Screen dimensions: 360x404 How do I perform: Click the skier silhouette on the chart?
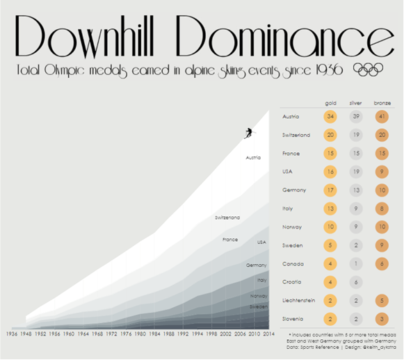point(249,132)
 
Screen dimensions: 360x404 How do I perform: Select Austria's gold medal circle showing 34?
point(330,116)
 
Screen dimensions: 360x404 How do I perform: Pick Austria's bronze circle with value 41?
point(382,116)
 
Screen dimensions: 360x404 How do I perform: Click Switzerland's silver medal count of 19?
point(356,135)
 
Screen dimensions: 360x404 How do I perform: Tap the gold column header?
point(330,103)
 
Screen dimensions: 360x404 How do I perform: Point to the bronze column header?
point(382,103)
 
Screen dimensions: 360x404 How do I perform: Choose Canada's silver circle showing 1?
point(356,264)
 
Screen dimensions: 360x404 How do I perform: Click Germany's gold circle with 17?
point(330,190)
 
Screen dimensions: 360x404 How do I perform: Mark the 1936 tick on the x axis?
point(12,334)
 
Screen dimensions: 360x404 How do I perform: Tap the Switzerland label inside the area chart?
point(227,218)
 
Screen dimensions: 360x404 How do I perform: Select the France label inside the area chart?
point(230,240)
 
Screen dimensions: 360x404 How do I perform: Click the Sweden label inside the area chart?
point(258,306)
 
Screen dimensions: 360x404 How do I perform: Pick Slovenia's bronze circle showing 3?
point(382,319)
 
